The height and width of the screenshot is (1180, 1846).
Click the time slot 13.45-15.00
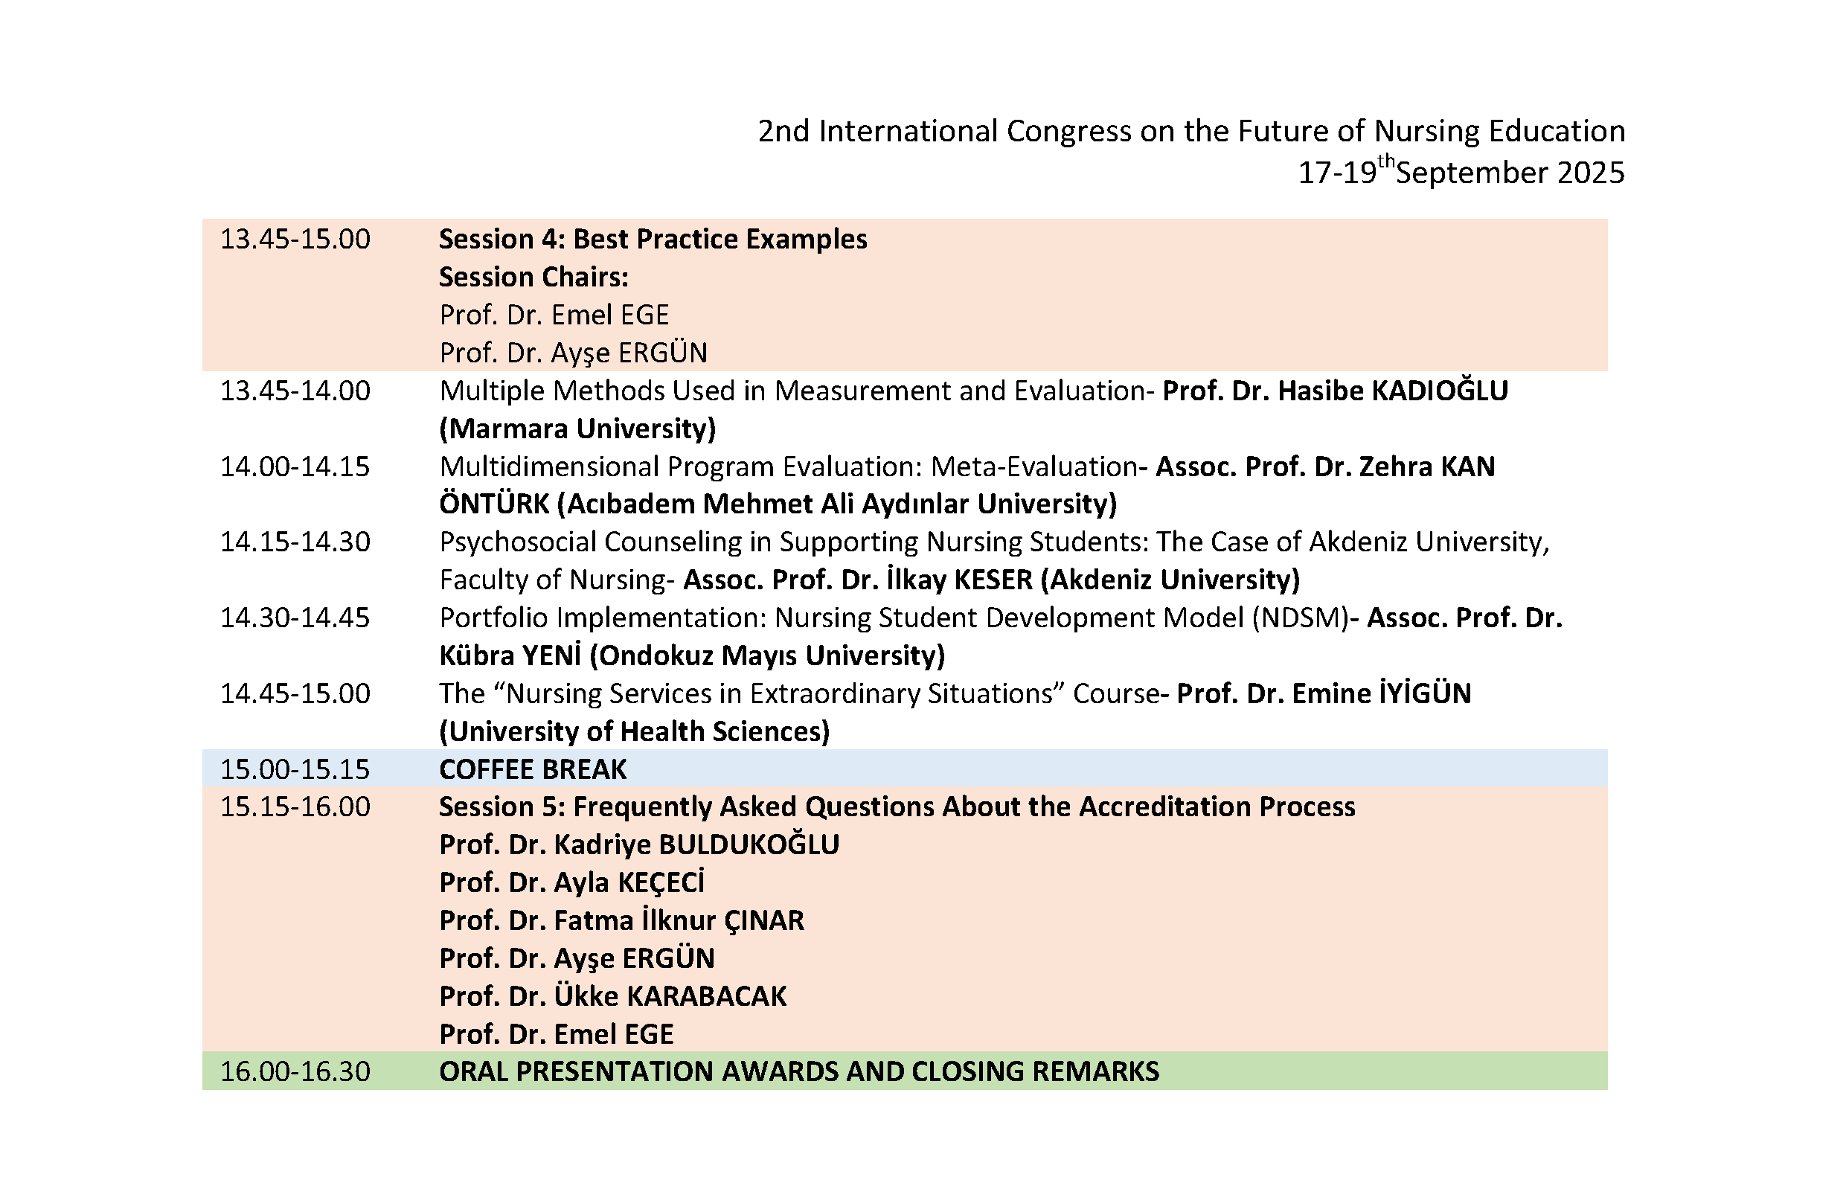point(295,240)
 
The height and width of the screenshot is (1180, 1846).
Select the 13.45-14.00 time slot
point(295,391)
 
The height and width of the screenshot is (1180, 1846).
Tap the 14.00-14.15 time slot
point(295,467)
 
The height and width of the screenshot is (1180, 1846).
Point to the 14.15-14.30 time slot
point(295,542)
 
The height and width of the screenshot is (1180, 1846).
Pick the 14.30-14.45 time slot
point(295,618)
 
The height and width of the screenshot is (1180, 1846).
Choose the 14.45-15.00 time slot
point(295,694)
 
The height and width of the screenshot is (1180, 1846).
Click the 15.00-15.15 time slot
point(295,769)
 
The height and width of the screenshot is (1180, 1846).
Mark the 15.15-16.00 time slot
point(295,807)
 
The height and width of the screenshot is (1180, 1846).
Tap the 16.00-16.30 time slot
point(295,1071)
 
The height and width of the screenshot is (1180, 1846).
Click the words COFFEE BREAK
point(533,769)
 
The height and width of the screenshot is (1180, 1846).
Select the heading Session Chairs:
point(533,277)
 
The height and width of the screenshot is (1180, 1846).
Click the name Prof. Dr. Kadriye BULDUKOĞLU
point(639,844)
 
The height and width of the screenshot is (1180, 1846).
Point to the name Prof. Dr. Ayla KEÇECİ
point(572,882)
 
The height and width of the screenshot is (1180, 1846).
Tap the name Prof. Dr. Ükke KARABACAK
point(612,996)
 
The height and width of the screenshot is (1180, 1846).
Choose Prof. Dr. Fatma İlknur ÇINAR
point(622,920)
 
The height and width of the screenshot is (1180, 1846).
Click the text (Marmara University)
point(577,429)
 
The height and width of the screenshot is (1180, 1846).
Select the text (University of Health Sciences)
point(635,731)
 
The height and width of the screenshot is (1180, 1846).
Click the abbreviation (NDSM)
point(1300,618)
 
